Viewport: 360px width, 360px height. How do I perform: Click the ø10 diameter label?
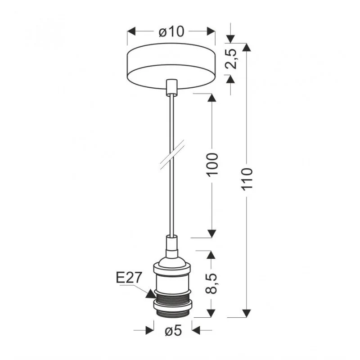pos(171,31)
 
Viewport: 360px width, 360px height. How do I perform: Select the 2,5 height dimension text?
pos(231,59)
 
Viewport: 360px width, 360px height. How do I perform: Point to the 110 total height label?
pos(247,178)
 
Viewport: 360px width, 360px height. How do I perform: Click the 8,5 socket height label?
pos(211,283)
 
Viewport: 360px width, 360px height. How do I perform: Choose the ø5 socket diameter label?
pos(173,331)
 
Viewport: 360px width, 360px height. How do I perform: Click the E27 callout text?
pos(128,277)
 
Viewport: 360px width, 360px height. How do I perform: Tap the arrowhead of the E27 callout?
pos(150,294)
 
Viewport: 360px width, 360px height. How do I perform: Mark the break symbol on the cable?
pos(172,155)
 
